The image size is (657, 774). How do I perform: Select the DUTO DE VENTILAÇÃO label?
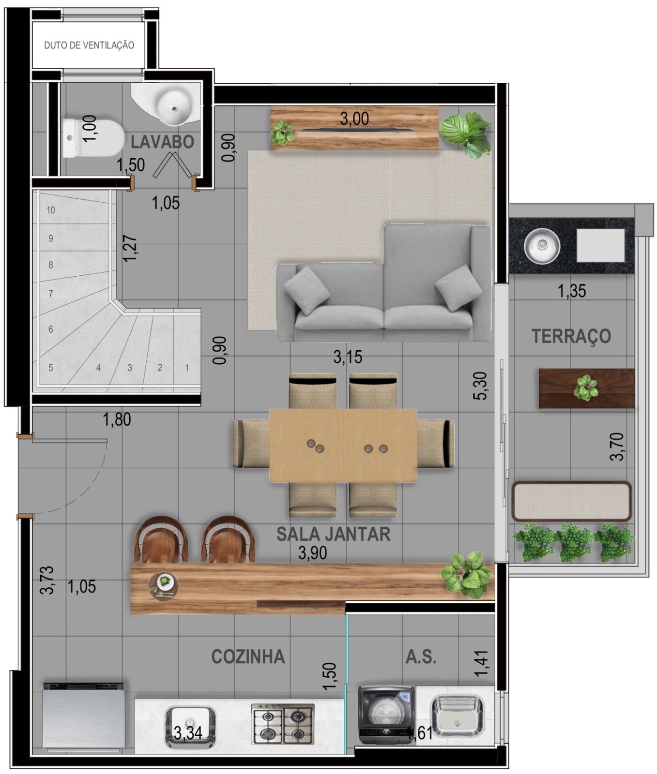click(89, 45)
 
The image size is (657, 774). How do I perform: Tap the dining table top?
click(343, 446)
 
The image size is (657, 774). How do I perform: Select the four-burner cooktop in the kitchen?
click(283, 724)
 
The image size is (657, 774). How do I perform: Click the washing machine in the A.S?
click(386, 715)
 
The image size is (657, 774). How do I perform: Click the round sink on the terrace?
click(542, 246)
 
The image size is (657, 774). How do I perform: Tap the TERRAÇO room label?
click(571, 336)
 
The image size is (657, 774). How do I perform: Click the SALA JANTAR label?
click(333, 534)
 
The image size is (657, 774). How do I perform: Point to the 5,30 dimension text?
click(480, 386)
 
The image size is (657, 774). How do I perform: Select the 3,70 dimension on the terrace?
click(617, 447)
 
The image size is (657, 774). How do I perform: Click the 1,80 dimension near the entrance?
click(117, 419)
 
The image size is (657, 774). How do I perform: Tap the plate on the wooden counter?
click(164, 586)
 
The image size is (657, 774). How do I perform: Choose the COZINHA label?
click(248, 656)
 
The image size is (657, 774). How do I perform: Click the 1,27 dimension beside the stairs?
click(130, 249)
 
